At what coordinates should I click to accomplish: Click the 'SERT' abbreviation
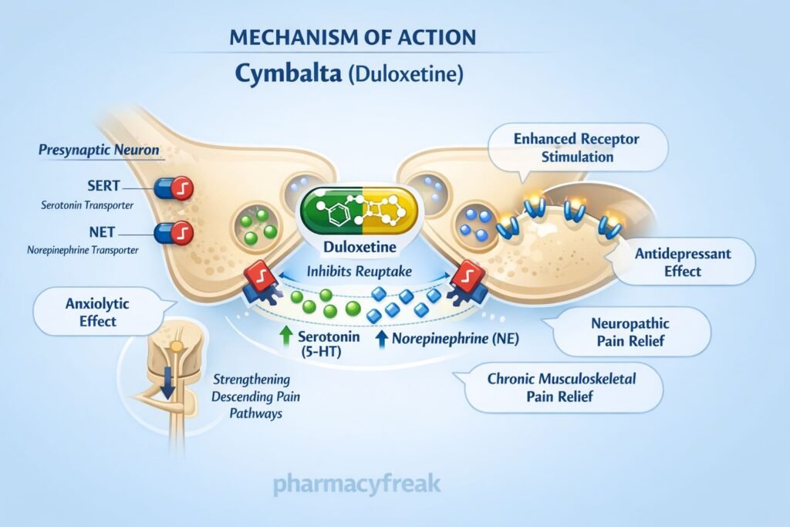pos(103,187)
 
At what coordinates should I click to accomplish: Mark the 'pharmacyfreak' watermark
pos(356,485)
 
